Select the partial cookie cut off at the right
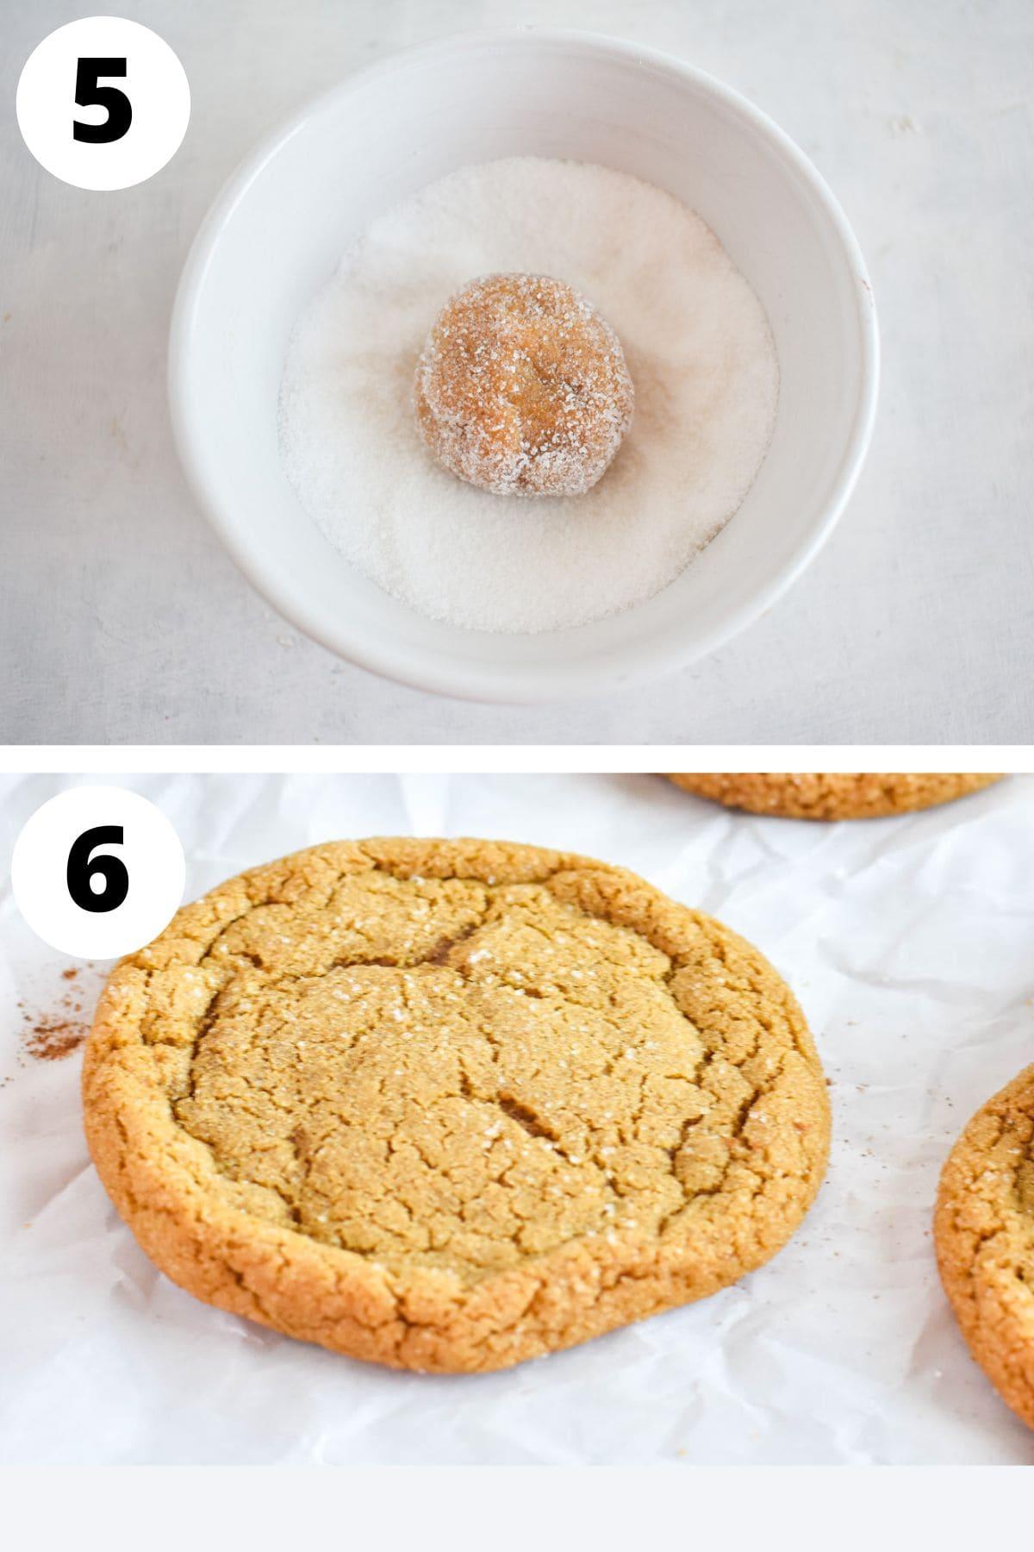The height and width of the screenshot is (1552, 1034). pos(991,1224)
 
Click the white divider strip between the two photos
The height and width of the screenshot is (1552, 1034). pos(517,759)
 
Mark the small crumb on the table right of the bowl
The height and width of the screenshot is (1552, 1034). pos(905,125)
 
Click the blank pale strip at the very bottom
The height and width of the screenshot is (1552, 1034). pos(517,1509)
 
